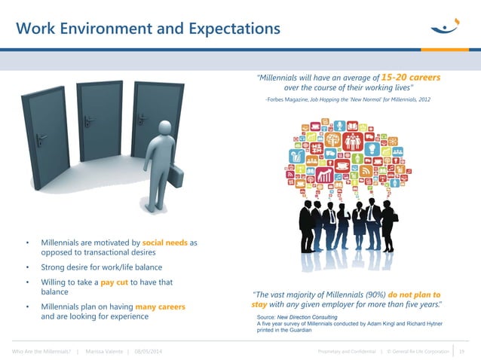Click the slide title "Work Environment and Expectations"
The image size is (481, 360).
[x=148, y=29]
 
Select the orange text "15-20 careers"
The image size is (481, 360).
[x=411, y=78]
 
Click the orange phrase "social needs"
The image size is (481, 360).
[x=164, y=243]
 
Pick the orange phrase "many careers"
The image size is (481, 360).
[x=160, y=307]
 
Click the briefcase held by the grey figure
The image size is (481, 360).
[x=174, y=176]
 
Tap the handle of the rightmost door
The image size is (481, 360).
[x=140, y=118]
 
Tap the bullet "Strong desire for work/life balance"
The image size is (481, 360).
[x=101, y=267]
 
